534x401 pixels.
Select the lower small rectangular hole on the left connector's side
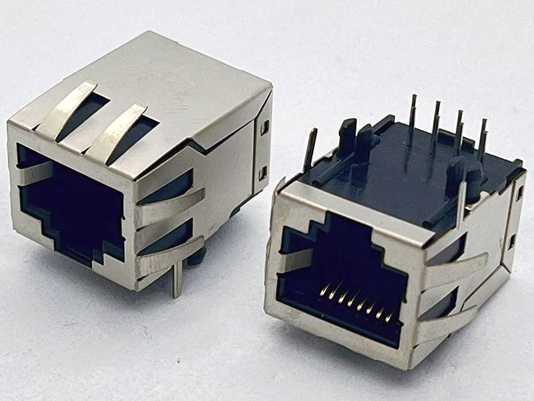262,173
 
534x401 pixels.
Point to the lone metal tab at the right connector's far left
310,150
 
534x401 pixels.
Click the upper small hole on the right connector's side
519,194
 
